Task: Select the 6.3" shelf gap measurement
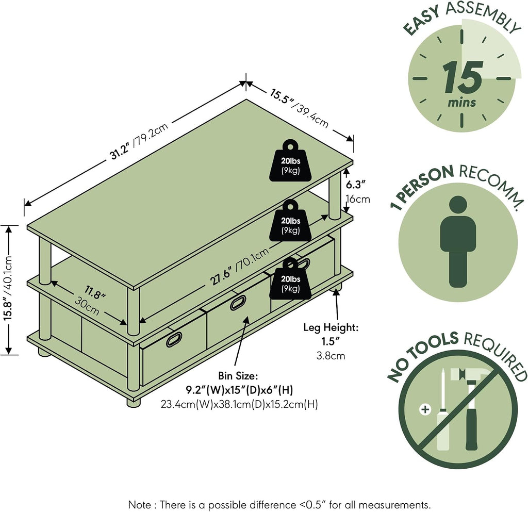(356, 185)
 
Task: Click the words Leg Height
(331, 327)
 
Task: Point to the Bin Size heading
(238, 376)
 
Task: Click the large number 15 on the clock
(463, 78)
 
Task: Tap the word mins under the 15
(461, 102)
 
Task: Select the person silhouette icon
(458, 241)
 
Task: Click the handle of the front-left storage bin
(174, 339)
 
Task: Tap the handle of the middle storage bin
(238, 303)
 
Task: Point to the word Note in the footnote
(139, 505)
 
